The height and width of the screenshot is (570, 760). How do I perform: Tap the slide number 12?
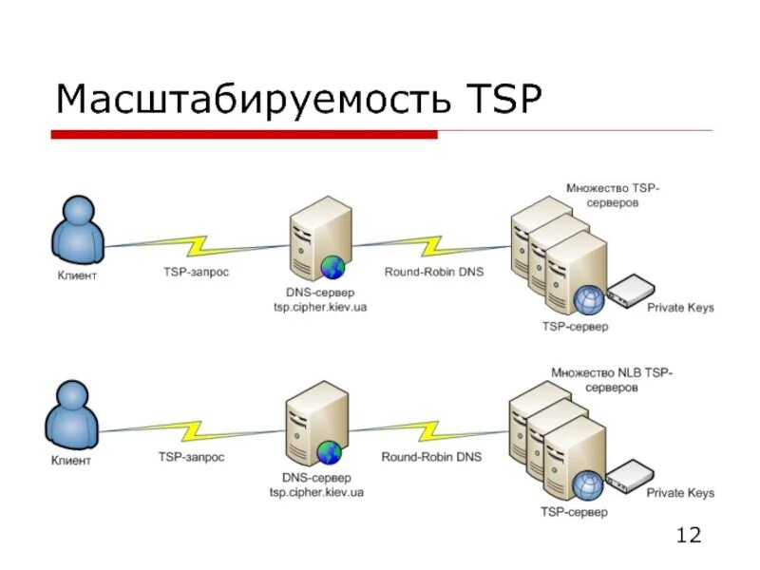click(688, 536)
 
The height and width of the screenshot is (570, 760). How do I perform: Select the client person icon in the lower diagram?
click(71, 415)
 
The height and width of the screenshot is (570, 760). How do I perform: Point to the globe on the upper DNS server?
click(332, 267)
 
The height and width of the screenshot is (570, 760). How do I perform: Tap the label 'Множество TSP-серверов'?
click(612, 196)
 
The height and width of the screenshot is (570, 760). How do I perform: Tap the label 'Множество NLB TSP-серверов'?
click(611, 381)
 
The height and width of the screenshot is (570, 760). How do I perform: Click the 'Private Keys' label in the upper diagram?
click(680, 308)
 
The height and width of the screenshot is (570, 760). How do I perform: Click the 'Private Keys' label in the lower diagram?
click(680, 493)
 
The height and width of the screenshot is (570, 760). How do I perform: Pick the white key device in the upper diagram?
click(630, 291)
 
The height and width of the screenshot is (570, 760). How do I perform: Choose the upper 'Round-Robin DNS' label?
click(433, 272)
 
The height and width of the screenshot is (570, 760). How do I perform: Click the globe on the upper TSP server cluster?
click(588, 300)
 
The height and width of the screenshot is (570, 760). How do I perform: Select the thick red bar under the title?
click(243, 135)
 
